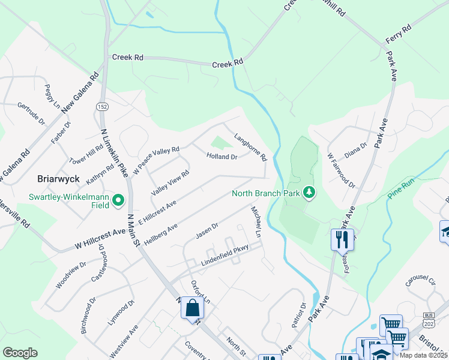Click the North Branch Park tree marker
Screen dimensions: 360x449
(309, 193)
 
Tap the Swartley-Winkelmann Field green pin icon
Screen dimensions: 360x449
(119, 201)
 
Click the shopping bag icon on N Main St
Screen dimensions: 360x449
(192, 308)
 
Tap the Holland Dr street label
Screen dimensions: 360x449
(222, 157)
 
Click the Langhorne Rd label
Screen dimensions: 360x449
(250, 148)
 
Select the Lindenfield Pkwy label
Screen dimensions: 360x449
(224, 259)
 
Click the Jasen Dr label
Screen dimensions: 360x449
(206, 230)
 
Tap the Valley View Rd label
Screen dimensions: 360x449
(170, 182)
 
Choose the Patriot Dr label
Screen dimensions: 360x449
(299, 315)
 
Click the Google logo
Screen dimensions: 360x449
(20, 353)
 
